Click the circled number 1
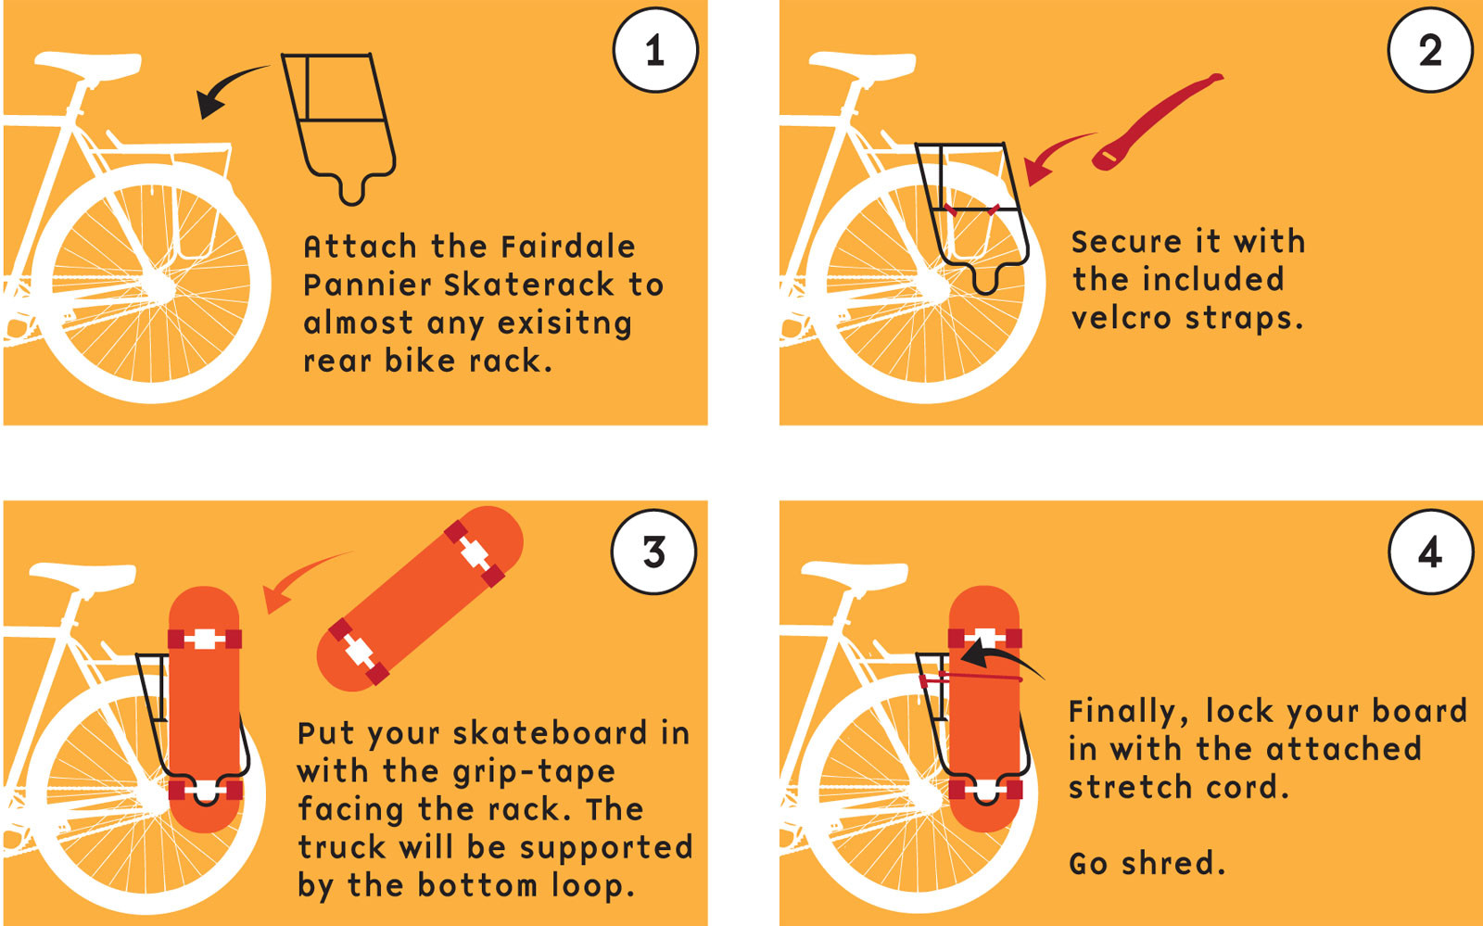click(654, 50)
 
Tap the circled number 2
click(1429, 50)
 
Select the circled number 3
click(653, 552)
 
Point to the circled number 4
click(1429, 552)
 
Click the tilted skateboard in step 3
click(419, 598)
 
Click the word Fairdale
click(567, 247)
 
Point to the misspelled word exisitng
click(564, 323)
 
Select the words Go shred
click(1147, 863)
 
